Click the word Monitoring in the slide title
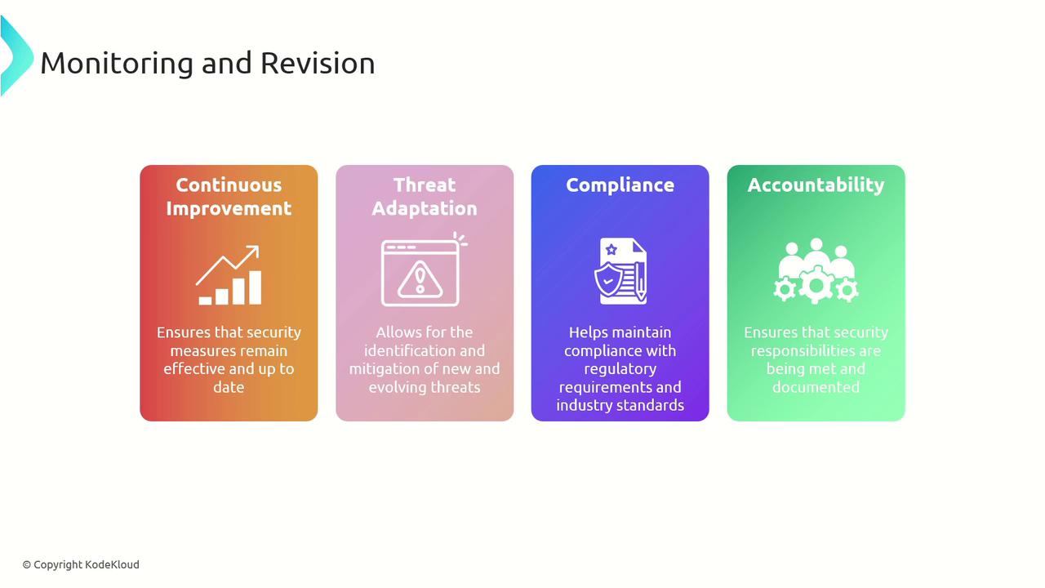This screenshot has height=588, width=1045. coord(117,64)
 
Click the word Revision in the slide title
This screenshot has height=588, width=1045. coord(318,63)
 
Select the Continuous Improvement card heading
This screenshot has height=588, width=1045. coord(229,197)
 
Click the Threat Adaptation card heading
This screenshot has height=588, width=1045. coord(425,197)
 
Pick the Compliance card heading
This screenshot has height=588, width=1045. coord(620,185)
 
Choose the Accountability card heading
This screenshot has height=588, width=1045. coord(816,185)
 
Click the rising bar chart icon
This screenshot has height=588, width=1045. coord(229,275)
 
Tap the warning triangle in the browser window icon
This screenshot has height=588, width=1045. coord(420,280)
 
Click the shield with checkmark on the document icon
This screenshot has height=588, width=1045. coord(607,279)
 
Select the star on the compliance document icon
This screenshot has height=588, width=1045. coord(611,250)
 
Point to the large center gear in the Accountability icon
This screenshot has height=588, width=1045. coord(816,285)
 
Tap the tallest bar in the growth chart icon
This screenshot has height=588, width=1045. coord(256,287)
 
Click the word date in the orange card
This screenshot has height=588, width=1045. coord(229,387)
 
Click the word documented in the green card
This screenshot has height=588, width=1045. coord(816,387)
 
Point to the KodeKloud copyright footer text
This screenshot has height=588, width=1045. coord(81,564)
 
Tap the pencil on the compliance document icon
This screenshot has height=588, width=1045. coord(641,283)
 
